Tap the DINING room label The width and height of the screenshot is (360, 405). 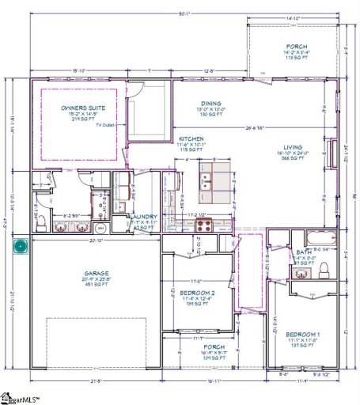[x=211, y=103]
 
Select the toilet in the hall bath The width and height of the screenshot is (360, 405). [x=322, y=272]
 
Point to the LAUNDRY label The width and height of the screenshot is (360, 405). [x=144, y=217]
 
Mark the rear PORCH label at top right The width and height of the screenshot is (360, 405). [x=297, y=47]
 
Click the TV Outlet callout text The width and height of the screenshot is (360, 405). [x=105, y=125]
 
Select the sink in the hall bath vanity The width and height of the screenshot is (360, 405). [x=301, y=273]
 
